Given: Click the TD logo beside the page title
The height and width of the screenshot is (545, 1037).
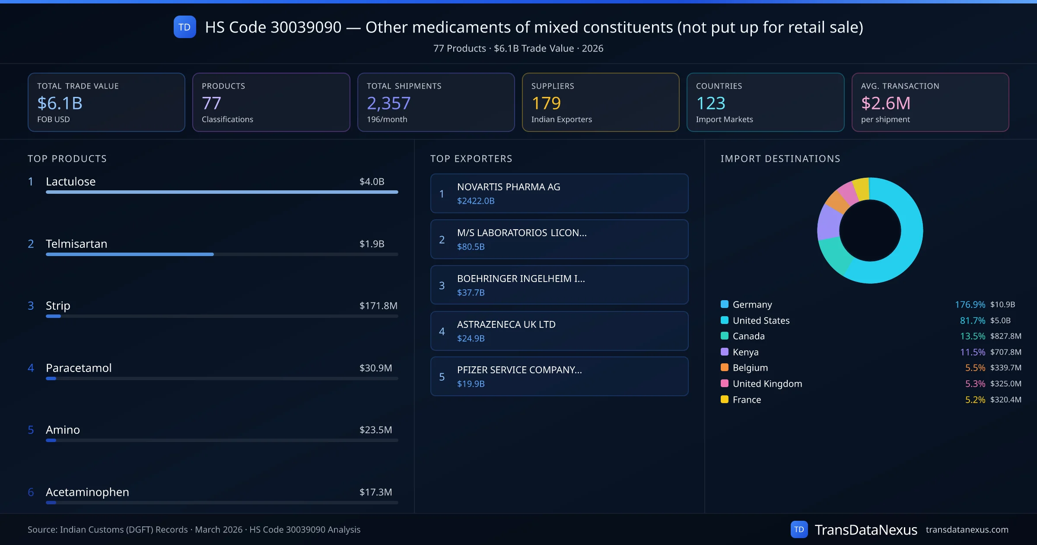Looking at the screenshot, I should (184, 27).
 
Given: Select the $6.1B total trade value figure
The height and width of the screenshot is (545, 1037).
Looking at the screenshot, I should (60, 103).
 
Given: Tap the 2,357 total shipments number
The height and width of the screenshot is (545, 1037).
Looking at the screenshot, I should (388, 103).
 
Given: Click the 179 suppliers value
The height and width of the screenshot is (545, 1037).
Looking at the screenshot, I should (546, 103).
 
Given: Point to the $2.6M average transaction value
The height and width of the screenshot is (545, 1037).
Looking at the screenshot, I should (885, 103).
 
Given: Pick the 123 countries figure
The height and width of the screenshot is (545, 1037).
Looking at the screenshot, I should (710, 103).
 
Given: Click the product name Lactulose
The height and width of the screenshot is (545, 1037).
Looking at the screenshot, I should (70, 182).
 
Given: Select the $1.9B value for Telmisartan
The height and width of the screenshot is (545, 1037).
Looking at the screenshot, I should (372, 244).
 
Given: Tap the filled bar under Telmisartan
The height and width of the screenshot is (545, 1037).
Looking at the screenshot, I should (130, 254).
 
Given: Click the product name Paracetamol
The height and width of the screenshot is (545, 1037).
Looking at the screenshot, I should (79, 368).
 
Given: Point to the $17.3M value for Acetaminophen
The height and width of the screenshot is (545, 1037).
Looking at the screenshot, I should (375, 492).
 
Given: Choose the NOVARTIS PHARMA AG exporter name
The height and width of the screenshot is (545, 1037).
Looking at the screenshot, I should (508, 187).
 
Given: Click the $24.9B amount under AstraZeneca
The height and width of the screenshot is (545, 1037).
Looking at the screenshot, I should (471, 338).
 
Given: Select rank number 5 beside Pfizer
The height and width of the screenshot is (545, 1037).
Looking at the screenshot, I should (442, 377).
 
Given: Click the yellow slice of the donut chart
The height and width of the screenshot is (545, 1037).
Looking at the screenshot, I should (862, 189).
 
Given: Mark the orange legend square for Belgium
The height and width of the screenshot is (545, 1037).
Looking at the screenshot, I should (725, 368).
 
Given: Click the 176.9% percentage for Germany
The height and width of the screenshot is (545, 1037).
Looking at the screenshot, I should (970, 305).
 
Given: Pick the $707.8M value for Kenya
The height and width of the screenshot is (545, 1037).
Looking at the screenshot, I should (1005, 352).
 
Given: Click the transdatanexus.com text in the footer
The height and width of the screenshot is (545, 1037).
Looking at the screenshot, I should (967, 530).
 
